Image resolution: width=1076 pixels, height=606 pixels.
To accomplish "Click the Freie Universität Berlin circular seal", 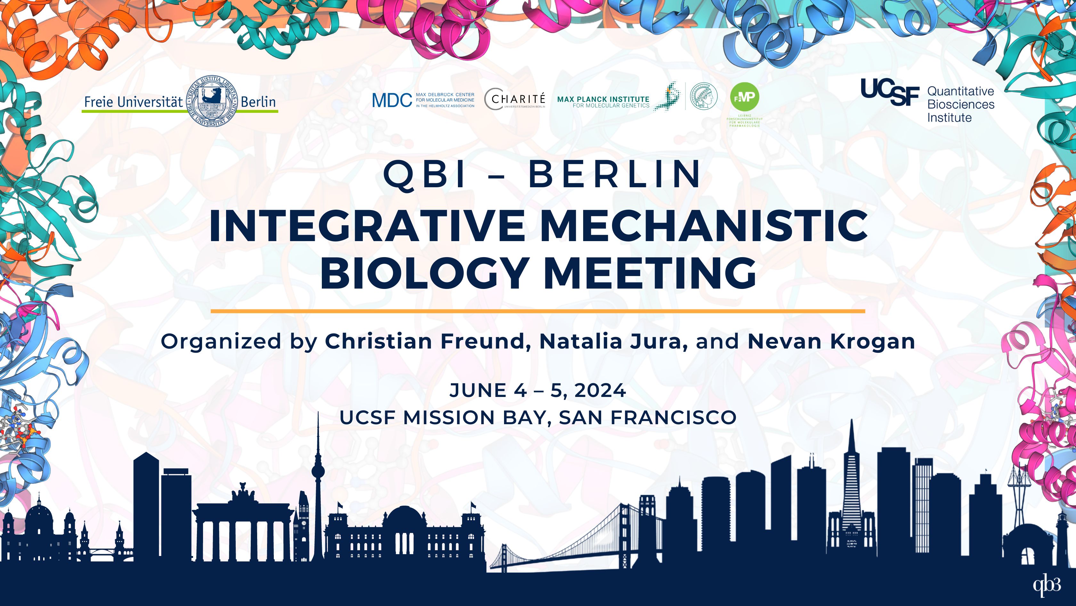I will (212, 101).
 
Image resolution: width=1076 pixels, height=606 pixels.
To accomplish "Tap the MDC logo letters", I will (392, 100).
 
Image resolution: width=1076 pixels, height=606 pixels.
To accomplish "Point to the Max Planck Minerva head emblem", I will (704, 97).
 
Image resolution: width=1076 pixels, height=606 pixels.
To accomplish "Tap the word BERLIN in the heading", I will (615, 174).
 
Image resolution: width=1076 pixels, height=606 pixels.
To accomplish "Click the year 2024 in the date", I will (600, 391).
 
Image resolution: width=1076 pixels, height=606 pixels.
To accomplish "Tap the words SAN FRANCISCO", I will (648, 418).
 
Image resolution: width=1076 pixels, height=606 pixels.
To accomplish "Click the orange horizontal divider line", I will (538, 311).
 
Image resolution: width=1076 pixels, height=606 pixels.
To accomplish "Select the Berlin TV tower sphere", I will (318, 472).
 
